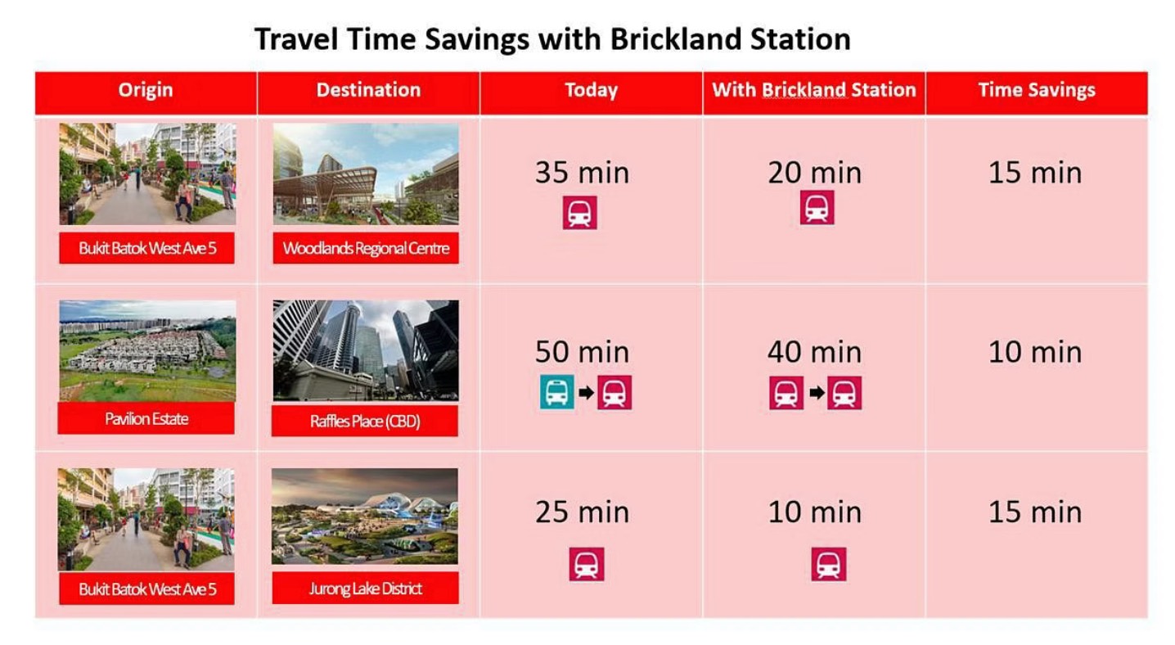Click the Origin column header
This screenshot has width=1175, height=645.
146,90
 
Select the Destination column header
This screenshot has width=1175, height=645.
368,90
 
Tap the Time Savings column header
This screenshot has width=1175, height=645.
1037,90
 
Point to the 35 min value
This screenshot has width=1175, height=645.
582,173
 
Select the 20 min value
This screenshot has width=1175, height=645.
815,173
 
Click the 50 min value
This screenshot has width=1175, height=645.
582,352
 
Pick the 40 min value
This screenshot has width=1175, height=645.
815,352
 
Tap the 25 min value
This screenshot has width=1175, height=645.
582,512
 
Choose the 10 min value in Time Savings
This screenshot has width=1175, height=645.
1035,352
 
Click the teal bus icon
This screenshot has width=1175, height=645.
556,392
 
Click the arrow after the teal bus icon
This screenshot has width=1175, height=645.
587,393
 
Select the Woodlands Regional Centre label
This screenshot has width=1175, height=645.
366,248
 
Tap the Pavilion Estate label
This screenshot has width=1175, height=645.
146,418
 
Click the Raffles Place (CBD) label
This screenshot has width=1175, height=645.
365,421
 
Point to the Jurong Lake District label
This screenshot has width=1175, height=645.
365,589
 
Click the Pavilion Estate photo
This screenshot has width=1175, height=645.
147,350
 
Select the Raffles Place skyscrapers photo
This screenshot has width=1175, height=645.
366,350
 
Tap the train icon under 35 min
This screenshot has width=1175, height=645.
579,213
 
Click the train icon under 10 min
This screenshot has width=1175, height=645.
828,564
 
